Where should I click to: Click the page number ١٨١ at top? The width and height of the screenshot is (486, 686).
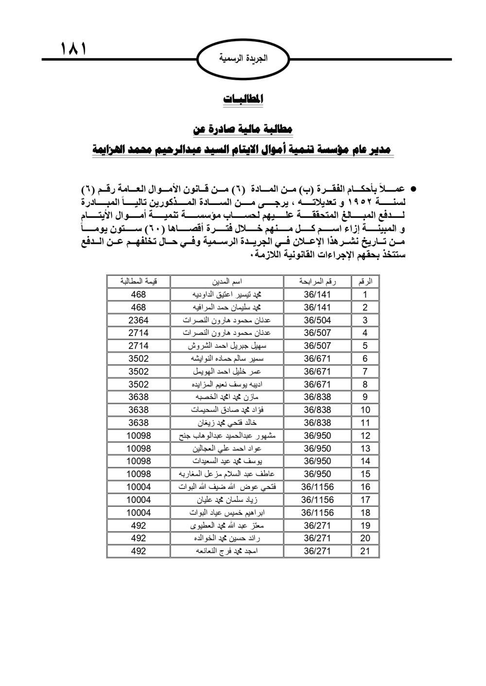pyautogui.click(x=73, y=49)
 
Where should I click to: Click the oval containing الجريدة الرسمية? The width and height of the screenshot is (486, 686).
pyautogui.click(x=243, y=59)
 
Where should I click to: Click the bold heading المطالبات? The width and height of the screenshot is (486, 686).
pyautogui.click(x=243, y=99)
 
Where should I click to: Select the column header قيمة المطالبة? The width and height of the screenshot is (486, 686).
pyautogui.click(x=139, y=282)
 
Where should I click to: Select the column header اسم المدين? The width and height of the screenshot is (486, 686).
pyautogui.click(x=227, y=282)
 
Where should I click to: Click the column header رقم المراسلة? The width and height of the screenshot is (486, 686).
pyautogui.click(x=317, y=282)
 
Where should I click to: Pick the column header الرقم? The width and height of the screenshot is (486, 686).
pyautogui.click(x=365, y=282)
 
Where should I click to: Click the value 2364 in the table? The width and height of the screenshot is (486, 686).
pyautogui.click(x=139, y=320)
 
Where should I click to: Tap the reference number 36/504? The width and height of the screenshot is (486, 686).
pyautogui.click(x=317, y=320)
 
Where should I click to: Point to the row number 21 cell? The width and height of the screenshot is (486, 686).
pyautogui.click(x=365, y=551)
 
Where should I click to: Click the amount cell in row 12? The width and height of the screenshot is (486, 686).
pyautogui.click(x=139, y=435)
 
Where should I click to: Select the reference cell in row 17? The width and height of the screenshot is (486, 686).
pyautogui.click(x=317, y=500)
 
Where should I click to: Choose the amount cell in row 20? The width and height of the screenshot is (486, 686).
pyautogui.click(x=139, y=538)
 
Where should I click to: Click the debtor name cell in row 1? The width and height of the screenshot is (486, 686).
pyautogui.click(x=227, y=294)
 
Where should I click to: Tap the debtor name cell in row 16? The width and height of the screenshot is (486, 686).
pyautogui.click(x=227, y=487)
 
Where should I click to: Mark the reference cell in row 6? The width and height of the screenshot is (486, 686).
pyautogui.click(x=317, y=358)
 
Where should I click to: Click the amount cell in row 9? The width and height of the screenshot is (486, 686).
pyautogui.click(x=139, y=397)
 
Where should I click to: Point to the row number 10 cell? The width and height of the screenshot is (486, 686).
pyautogui.click(x=365, y=410)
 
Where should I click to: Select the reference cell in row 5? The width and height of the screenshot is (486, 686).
pyautogui.click(x=317, y=346)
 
